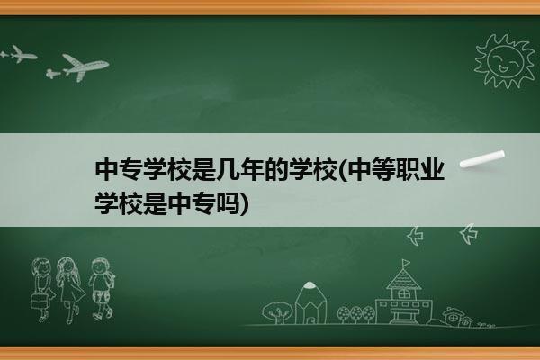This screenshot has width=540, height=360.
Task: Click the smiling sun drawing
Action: tap(505, 61)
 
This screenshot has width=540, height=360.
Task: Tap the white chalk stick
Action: tap(482, 159)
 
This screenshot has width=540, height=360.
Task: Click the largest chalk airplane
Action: tap(85, 67)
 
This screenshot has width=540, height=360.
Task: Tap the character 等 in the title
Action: tap(384, 170)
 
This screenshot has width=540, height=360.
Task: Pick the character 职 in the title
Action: tap(408, 170)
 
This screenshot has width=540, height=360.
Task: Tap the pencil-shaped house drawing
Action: tap(310, 302)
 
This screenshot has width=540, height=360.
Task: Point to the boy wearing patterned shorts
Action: tap(101, 289)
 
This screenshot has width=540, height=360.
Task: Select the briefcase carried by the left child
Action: tap(39, 301)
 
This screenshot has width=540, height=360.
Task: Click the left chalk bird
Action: tap(415, 236)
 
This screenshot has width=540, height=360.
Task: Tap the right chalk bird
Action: tap(469, 234)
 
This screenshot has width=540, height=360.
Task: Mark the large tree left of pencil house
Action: tap(277, 312)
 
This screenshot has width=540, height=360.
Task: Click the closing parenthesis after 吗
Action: tap(244, 204)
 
